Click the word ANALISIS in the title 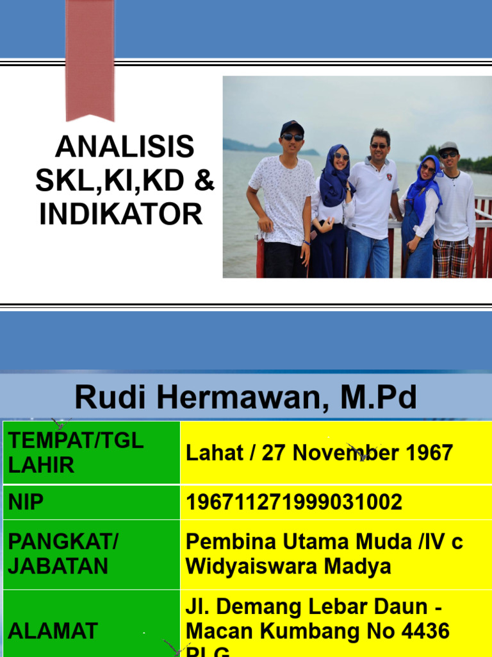(x=124, y=148)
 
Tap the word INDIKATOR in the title (x=121, y=214)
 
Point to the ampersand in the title (x=204, y=181)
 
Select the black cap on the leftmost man (x=291, y=127)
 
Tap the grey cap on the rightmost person (x=448, y=147)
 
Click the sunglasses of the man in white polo (x=379, y=146)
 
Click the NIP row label (x=26, y=502)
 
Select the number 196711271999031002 (x=294, y=502)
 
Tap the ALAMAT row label (x=53, y=631)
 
